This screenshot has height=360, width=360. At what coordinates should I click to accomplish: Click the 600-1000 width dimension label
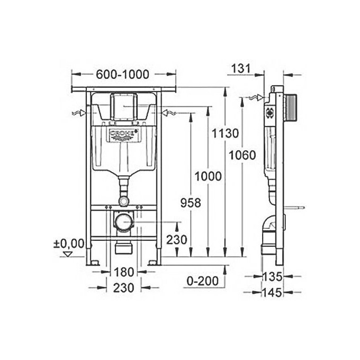click(x=122, y=75)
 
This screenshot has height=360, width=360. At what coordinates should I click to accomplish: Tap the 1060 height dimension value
click(x=243, y=155)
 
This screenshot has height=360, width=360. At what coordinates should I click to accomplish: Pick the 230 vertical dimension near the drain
click(x=176, y=239)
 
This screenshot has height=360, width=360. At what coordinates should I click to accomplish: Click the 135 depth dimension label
click(x=274, y=276)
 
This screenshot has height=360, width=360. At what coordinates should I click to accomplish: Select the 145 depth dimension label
click(x=274, y=292)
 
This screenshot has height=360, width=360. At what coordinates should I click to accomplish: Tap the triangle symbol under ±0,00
click(x=67, y=254)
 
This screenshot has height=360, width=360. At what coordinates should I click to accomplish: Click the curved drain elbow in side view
click(x=268, y=227)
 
